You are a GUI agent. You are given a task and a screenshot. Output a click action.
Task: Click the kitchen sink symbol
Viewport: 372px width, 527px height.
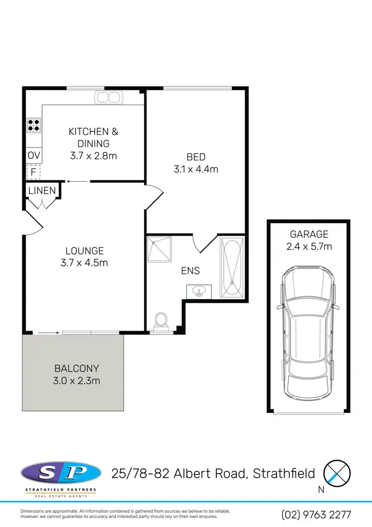[108, 97]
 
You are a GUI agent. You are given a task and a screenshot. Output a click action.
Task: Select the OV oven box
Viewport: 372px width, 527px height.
[34, 156]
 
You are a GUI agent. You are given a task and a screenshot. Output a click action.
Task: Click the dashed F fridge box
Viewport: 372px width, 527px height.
[33, 172]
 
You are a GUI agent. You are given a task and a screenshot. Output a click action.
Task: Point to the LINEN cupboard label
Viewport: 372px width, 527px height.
[42, 191]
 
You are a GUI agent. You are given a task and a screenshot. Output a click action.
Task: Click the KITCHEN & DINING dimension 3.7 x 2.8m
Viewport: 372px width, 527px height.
[94, 156]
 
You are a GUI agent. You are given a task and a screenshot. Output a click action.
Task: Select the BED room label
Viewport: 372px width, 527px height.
[196, 157]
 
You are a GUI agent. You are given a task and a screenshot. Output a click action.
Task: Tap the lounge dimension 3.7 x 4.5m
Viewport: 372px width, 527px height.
[87, 263]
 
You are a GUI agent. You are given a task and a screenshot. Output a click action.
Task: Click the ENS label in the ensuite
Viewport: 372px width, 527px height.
[190, 270]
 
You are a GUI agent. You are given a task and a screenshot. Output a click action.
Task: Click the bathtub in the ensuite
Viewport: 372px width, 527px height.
[232, 267]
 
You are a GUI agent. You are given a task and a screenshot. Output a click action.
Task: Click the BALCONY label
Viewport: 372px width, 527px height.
[77, 369]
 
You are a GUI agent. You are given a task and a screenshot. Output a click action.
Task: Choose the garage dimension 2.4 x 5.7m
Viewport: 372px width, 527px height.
[309, 246]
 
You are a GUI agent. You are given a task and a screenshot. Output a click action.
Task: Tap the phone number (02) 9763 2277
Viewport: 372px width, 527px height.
[316, 515]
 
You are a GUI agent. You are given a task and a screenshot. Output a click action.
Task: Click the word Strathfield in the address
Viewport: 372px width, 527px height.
[284, 473]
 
